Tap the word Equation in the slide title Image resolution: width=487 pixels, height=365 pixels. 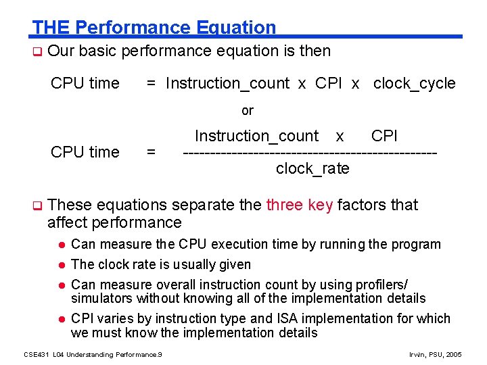pos(236,28)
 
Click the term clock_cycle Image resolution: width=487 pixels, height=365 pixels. pos(414,83)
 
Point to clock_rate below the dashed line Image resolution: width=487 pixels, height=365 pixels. pos(312,168)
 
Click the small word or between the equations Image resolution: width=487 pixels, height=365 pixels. pos(248,110)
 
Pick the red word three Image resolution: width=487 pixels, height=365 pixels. pos(284,205)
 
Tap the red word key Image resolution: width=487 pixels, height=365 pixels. pos(320,205)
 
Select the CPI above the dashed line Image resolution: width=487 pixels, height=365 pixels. pos(384,136)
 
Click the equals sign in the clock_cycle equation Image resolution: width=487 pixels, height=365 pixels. pos(152,83)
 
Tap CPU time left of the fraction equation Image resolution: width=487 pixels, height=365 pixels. pos(85,152)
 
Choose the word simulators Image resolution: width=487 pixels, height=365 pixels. pos(102,298)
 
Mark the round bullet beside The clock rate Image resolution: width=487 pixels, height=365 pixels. pos(60,265)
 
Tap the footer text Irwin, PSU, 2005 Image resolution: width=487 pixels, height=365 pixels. pos(436,354)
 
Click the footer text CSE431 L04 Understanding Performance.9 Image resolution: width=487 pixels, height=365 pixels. pos(93,354)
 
